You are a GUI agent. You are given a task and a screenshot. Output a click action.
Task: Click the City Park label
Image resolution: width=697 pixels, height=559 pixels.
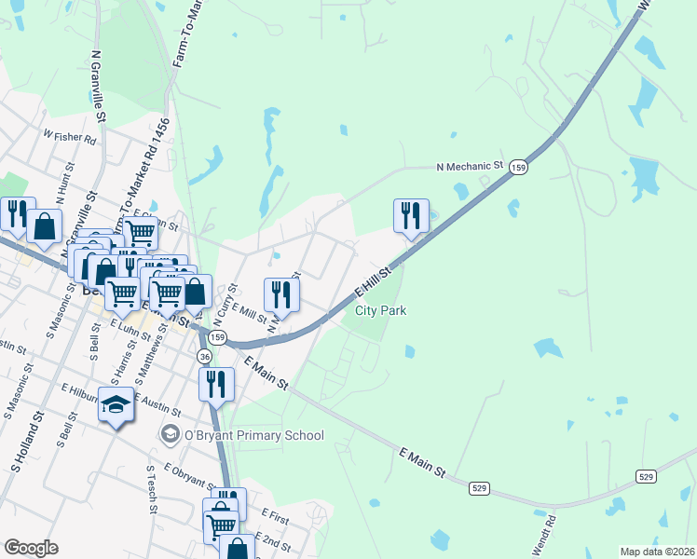tap(380, 311)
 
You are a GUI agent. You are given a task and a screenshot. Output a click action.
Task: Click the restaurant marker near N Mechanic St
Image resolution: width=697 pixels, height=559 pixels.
tap(411, 216)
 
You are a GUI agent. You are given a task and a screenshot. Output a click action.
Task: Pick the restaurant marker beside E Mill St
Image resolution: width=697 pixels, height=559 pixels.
tap(281, 295)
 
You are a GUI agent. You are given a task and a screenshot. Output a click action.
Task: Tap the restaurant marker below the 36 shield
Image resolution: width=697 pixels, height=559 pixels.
tap(216, 384)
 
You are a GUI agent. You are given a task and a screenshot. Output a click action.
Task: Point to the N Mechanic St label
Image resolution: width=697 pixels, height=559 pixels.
tap(470, 167)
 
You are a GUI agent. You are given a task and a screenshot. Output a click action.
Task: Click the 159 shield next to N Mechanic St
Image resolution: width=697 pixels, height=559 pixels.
tap(519, 167)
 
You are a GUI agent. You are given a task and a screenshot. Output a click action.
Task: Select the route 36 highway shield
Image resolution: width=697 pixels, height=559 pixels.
tap(204, 357)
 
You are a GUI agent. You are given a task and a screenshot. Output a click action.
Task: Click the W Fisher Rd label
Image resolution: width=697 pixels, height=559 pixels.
tap(70, 136)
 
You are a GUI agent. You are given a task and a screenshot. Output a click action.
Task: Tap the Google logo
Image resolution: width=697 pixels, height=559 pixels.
tap(31, 548)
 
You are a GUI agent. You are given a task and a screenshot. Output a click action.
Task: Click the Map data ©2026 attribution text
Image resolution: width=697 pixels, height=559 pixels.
tap(657, 552)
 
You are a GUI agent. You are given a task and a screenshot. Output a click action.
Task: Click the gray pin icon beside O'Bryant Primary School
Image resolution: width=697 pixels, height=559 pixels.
tap(170, 434)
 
